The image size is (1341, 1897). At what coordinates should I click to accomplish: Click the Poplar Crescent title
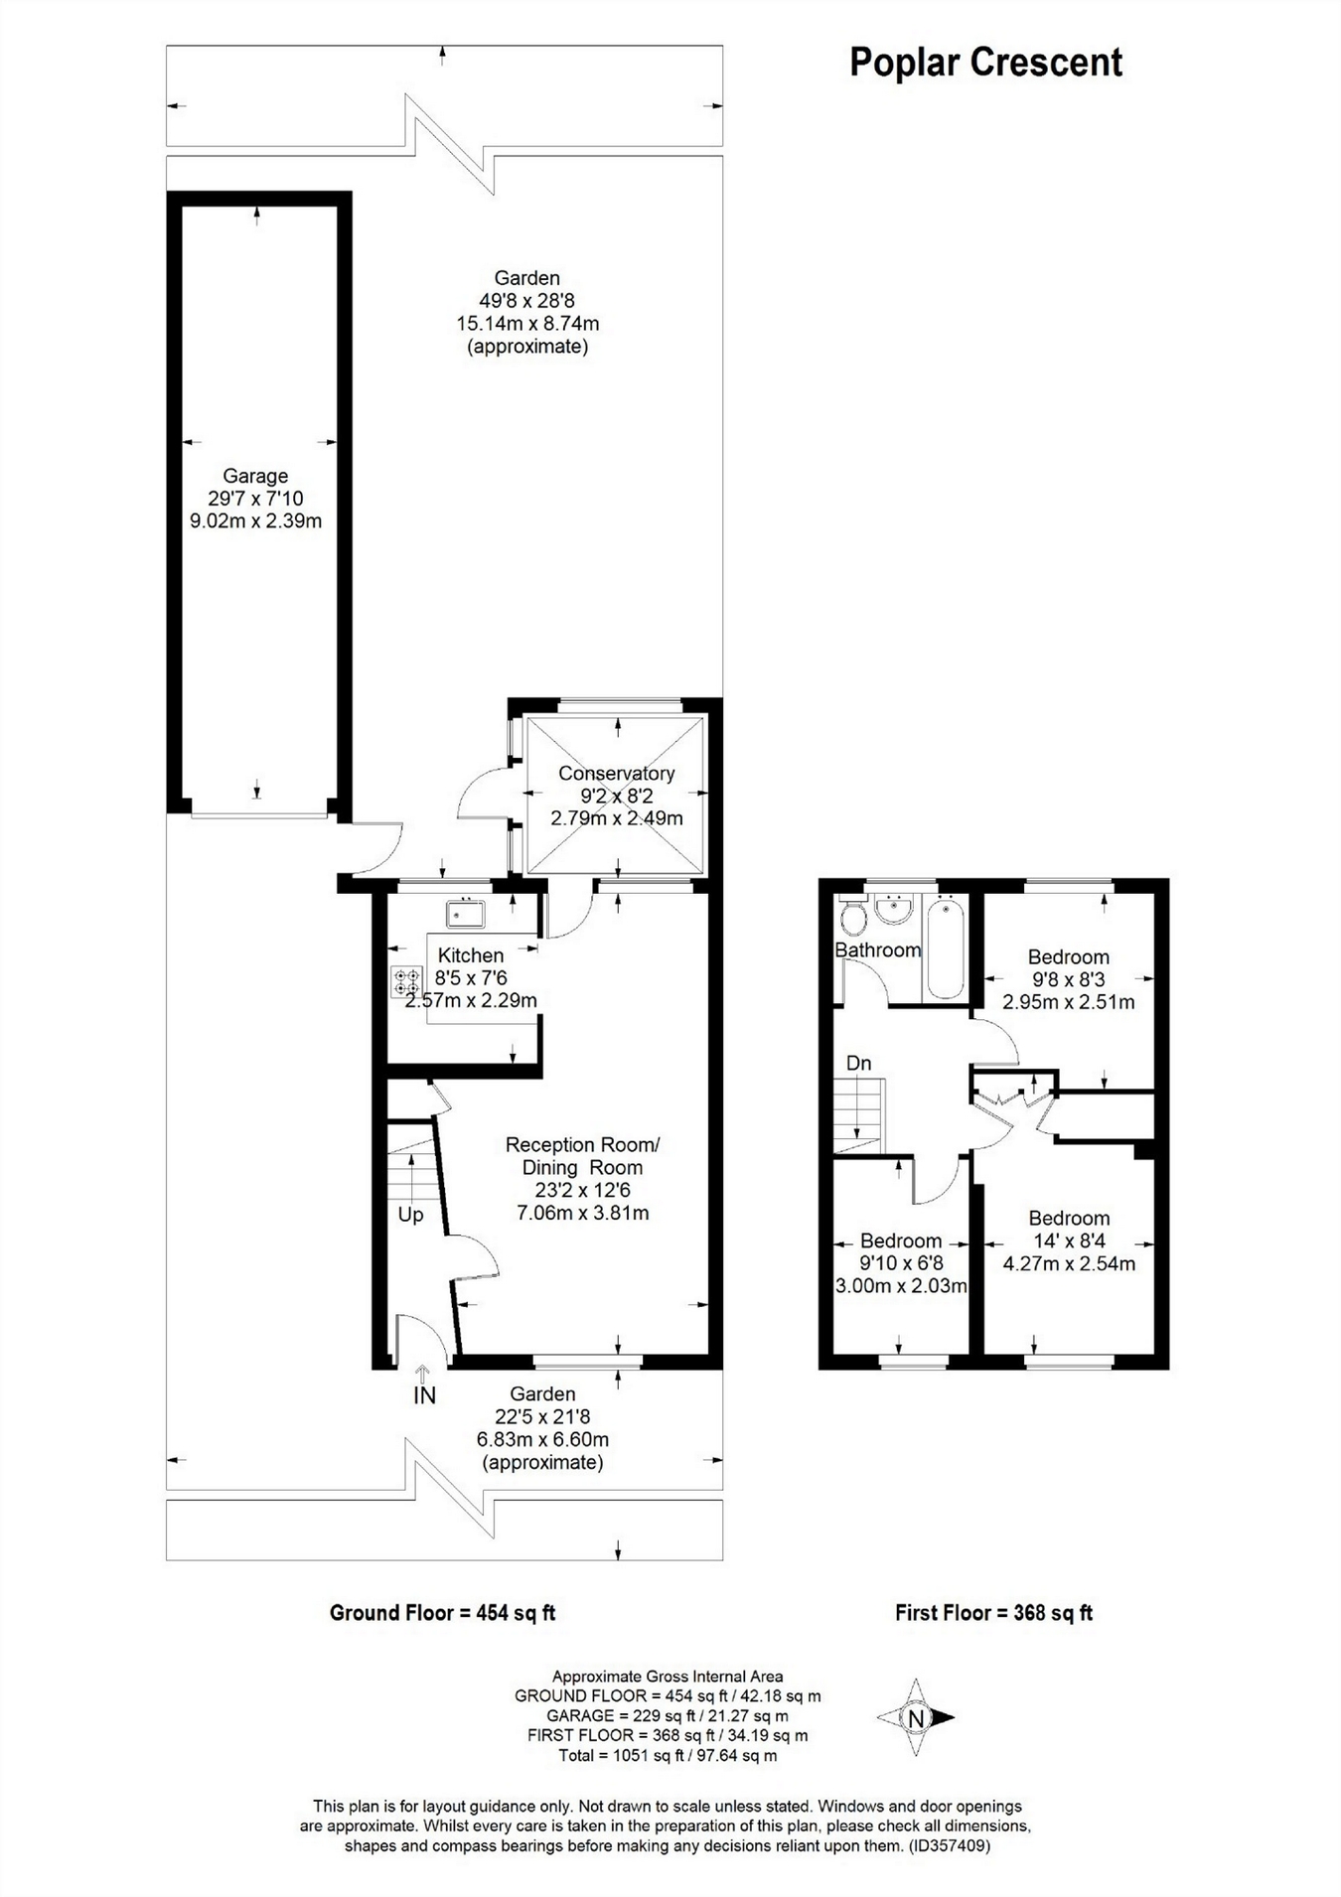(x=985, y=63)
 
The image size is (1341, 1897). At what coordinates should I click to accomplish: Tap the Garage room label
(x=255, y=477)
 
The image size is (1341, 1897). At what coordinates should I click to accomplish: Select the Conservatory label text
(x=616, y=774)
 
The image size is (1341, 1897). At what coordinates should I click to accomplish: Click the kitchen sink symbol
(x=465, y=912)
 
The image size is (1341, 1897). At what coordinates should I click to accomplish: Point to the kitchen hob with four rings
(x=406, y=981)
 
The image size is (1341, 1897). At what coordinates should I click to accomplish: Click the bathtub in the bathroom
(x=944, y=948)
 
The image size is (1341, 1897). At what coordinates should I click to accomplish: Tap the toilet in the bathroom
(x=851, y=915)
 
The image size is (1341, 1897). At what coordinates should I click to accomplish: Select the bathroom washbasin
(x=894, y=909)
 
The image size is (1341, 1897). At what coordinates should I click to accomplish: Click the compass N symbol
(x=916, y=1717)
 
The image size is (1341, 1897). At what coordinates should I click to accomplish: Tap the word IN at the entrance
(x=424, y=1395)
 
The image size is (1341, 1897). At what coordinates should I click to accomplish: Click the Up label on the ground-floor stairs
(x=410, y=1215)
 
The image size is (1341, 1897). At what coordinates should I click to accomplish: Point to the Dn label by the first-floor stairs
(x=858, y=1064)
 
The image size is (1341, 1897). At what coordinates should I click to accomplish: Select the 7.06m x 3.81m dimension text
(x=583, y=1213)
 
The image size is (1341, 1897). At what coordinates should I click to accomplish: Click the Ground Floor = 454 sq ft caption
(x=442, y=1613)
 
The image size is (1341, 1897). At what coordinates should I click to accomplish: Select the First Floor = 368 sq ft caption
(x=993, y=1613)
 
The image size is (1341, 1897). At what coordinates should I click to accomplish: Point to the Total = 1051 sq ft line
(x=668, y=1756)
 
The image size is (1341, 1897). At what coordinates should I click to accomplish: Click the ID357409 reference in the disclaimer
(x=949, y=1846)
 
